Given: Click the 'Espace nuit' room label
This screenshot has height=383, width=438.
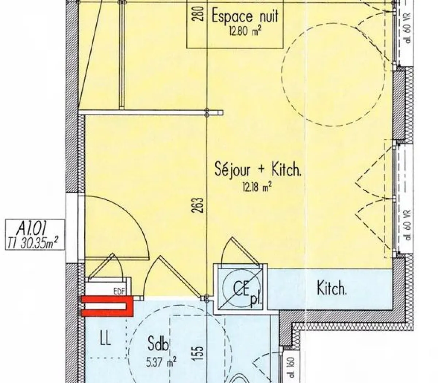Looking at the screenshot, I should point(245,17).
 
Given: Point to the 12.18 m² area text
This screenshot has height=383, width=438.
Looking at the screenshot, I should point(256,188).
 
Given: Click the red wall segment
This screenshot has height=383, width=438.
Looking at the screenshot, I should point(107,306).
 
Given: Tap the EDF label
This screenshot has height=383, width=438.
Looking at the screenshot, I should point(118,291).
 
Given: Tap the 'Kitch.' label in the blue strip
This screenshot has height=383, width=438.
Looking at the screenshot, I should point(331,289).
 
